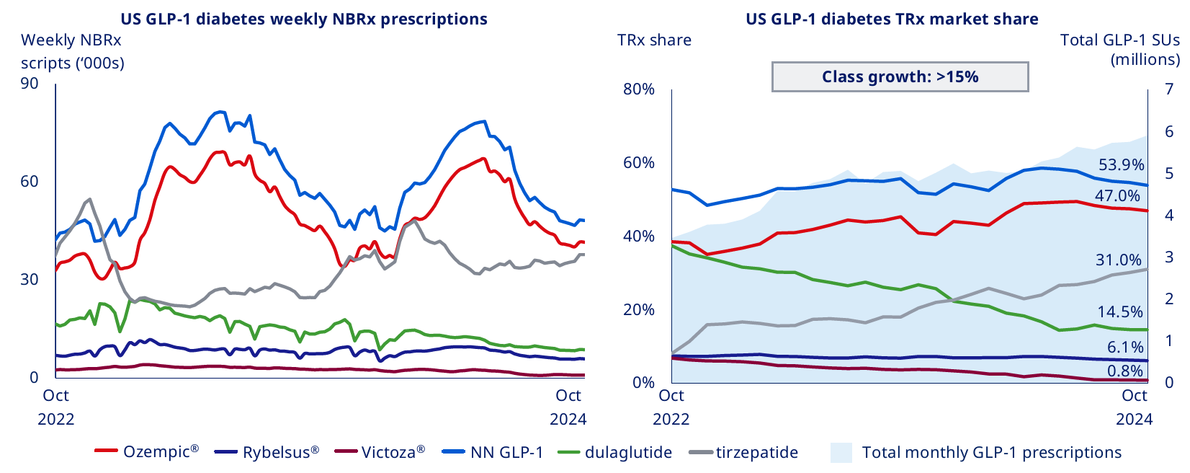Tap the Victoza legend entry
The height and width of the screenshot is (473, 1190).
380,452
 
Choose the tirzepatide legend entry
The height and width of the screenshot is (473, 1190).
744,452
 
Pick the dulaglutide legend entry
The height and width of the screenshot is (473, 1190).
616,452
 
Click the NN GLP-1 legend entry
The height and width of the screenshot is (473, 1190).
493,452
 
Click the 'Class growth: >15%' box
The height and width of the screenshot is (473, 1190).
900,76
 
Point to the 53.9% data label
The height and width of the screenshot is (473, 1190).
1121,164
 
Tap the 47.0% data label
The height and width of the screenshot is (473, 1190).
1117,196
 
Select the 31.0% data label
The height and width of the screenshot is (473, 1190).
1119,260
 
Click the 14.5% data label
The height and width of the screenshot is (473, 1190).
1120,312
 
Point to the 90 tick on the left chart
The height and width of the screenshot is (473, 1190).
30,84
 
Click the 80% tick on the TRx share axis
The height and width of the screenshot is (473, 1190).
639,89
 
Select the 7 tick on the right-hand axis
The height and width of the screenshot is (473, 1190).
1169,89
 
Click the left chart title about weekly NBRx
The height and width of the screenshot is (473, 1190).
304,19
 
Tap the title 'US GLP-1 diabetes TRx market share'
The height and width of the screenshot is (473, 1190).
892,19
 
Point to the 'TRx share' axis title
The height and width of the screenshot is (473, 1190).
654,40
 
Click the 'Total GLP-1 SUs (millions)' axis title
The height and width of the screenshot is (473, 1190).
1119,49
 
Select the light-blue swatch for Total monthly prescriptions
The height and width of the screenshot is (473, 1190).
841,452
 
